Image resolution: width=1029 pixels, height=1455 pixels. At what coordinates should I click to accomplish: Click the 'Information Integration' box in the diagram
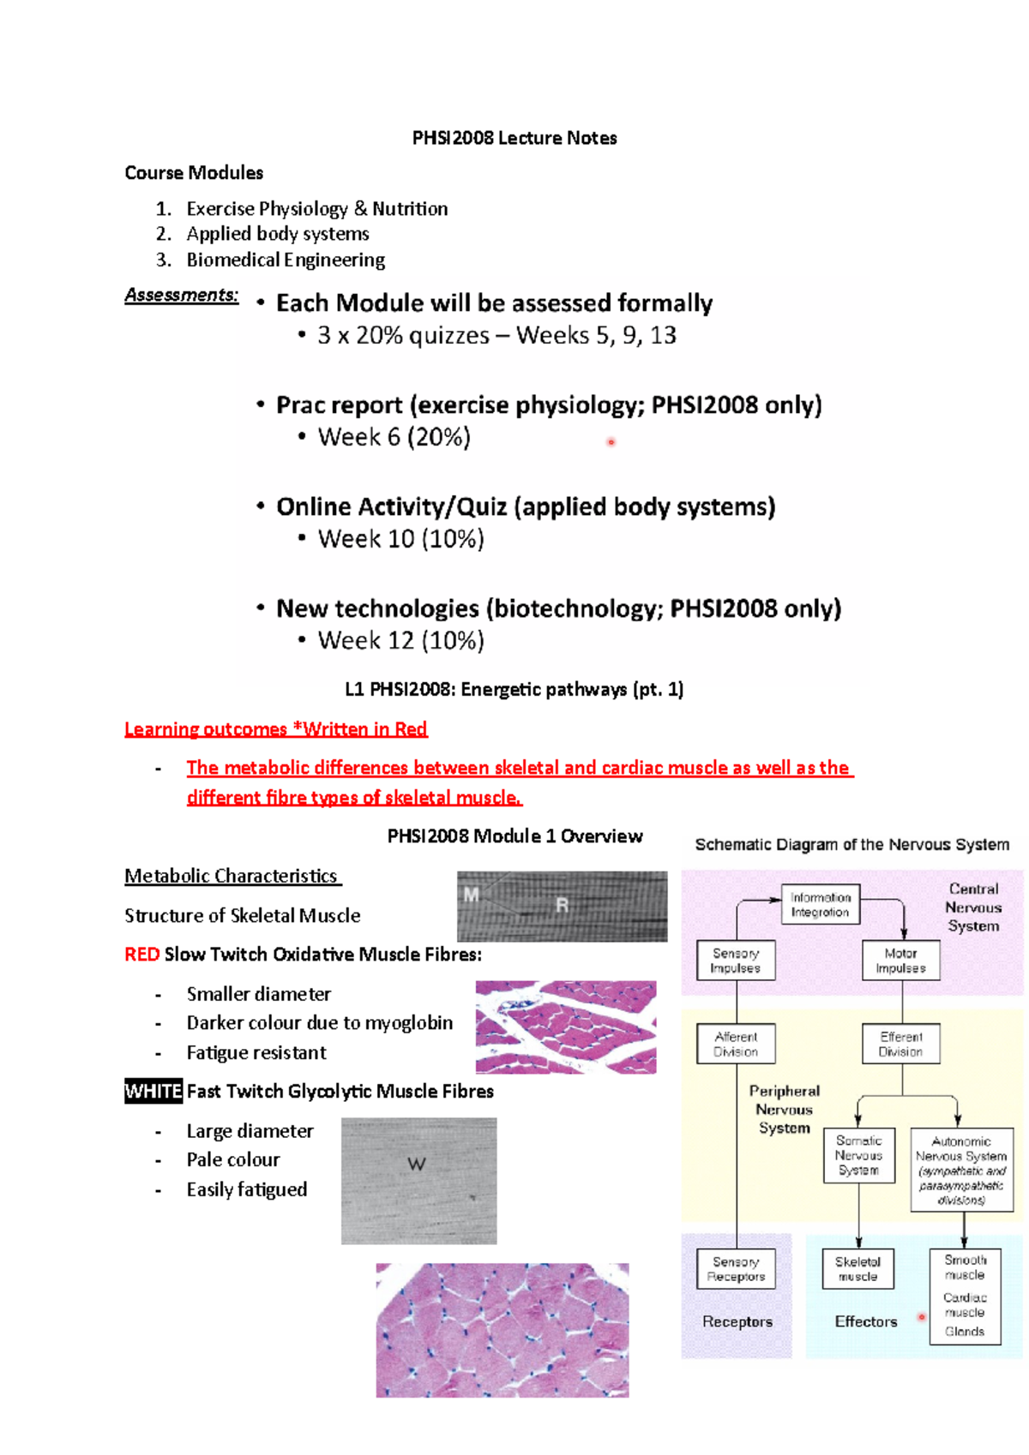coord(820,904)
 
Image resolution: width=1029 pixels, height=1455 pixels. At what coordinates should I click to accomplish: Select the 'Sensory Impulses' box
coord(735,961)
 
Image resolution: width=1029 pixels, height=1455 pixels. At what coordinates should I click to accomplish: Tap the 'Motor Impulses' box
coord(900,961)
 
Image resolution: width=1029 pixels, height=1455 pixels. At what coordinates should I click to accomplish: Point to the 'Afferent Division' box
coord(736,1044)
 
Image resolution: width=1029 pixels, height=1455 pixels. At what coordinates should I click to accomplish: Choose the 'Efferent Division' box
coord(900,1044)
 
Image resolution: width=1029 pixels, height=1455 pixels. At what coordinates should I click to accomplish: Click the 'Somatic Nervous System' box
coord(858,1155)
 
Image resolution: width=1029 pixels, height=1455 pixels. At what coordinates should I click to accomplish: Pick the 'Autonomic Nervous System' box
coord(961,1170)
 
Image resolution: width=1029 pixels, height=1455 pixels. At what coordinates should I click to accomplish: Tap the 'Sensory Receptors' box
coord(736,1269)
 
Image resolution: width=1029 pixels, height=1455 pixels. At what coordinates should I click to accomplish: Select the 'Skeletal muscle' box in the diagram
coord(857,1269)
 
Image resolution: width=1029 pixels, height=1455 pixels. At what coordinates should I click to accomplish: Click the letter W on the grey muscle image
coord(417,1164)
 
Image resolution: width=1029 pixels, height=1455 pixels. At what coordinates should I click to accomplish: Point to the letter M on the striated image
coord(471,895)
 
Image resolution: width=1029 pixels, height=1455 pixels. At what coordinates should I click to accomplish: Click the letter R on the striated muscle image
coord(562,905)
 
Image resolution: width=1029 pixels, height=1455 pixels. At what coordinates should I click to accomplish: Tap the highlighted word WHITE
coord(153,1091)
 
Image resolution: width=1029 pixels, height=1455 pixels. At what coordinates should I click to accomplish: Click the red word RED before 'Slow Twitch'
coord(141,954)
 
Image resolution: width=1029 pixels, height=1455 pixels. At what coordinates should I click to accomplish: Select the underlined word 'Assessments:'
coord(181,295)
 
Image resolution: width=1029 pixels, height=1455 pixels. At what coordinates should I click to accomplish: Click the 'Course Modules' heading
coord(194,173)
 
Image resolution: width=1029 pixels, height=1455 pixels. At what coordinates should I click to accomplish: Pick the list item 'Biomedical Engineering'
coord(286,260)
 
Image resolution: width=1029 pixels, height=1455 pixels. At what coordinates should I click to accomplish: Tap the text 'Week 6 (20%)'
coord(394,437)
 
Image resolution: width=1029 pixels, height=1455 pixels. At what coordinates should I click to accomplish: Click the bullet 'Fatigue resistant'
coord(256,1052)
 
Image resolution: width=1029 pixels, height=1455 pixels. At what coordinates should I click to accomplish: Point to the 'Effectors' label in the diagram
coord(866,1321)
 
